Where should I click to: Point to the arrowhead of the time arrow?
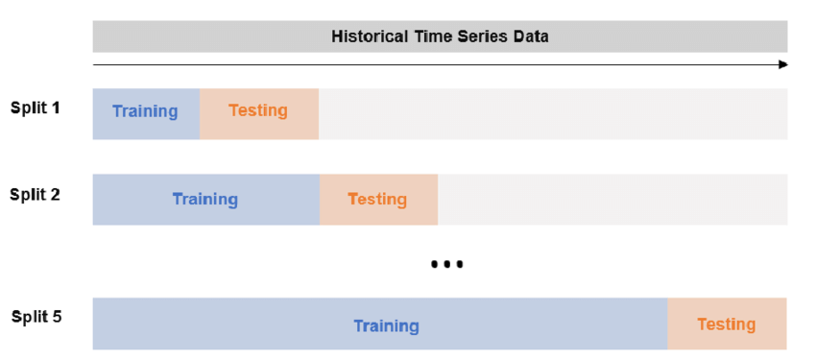click(x=782, y=64)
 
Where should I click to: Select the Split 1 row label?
click(x=36, y=108)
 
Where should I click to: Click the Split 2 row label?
click(x=36, y=194)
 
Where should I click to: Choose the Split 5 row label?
click(x=36, y=316)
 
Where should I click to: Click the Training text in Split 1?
click(x=145, y=111)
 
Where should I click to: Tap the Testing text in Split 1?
click(x=258, y=110)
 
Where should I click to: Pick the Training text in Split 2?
click(x=205, y=200)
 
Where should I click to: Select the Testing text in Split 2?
click(x=377, y=200)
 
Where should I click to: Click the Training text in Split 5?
click(x=386, y=326)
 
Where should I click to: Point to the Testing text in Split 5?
click(x=727, y=324)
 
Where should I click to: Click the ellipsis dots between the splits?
click(x=447, y=264)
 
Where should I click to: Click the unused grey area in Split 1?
click(x=552, y=114)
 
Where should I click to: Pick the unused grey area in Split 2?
click(x=612, y=200)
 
